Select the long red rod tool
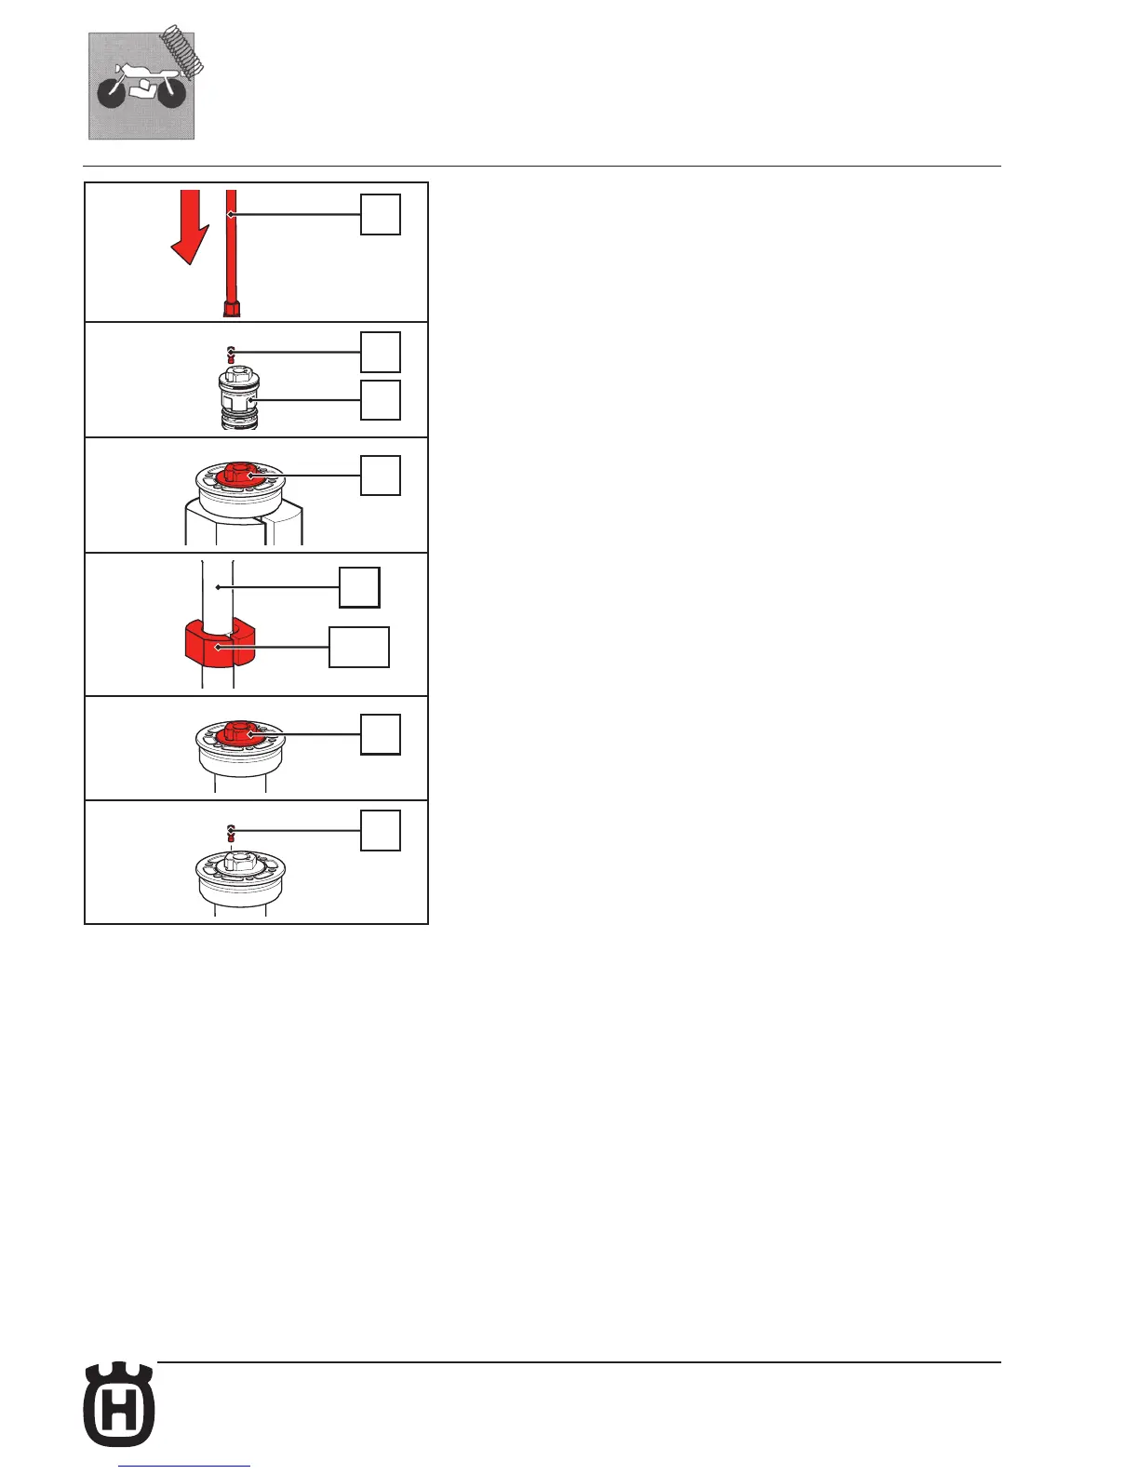tap(232, 251)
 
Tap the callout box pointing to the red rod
tap(381, 215)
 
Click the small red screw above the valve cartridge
tap(231, 355)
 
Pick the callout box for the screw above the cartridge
tap(381, 352)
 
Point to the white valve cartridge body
tap(238, 400)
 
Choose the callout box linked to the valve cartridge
tap(381, 400)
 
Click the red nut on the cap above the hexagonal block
tap(244, 474)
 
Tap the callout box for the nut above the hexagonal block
tap(381, 476)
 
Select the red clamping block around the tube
tap(216, 646)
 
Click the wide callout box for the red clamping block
tap(359, 648)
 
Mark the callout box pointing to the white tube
tap(358, 587)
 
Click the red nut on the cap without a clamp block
tap(244, 732)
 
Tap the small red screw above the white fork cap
tap(231, 832)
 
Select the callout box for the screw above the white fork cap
tap(381, 830)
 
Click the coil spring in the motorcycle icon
tap(184, 52)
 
